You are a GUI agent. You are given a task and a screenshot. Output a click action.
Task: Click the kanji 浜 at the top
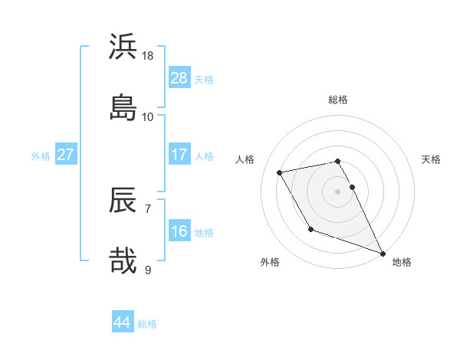[x=123, y=47]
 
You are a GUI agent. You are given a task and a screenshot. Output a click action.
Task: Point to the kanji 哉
[x=123, y=260]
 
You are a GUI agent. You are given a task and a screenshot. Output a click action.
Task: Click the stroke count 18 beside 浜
[x=148, y=56]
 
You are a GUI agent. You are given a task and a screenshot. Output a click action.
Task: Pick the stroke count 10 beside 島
[x=148, y=116]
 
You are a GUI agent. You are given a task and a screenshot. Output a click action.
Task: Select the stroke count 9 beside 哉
[x=148, y=270]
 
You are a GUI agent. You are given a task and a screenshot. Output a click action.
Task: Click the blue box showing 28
[x=179, y=78]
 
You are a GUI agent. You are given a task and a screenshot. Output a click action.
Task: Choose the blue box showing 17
[x=179, y=155]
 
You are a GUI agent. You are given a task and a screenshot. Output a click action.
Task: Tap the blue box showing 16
[x=179, y=231]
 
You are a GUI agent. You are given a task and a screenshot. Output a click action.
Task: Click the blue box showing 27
[x=66, y=155]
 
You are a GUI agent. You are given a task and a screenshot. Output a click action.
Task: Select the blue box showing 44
[x=123, y=322]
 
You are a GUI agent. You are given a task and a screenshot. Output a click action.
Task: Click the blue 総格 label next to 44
[x=147, y=324]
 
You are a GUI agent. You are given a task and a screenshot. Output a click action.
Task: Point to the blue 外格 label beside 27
[x=41, y=156]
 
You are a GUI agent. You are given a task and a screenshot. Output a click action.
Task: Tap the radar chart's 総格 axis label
[x=338, y=100]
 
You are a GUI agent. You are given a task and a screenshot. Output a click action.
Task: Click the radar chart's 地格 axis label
[x=402, y=262]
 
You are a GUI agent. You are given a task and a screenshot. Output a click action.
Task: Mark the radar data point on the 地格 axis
[x=383, y=253]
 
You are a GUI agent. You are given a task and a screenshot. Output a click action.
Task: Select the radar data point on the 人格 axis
[x=280, y=172]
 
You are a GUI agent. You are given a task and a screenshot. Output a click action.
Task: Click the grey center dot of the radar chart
[x=338, y=191]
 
